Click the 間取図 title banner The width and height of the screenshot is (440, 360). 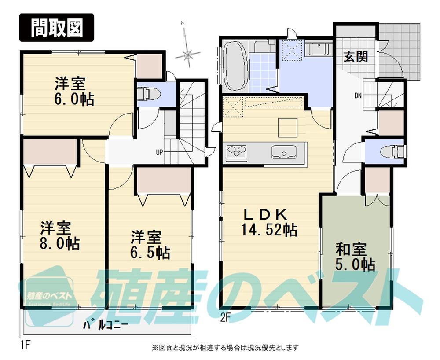[56, 27]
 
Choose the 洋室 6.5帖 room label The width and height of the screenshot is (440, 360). [150, 245]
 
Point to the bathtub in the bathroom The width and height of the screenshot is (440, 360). [235, 66]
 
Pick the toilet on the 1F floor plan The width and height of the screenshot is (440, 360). [146, 94]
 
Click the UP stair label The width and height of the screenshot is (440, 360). [158, 152]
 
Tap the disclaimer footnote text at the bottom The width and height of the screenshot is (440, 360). [225, 347]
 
